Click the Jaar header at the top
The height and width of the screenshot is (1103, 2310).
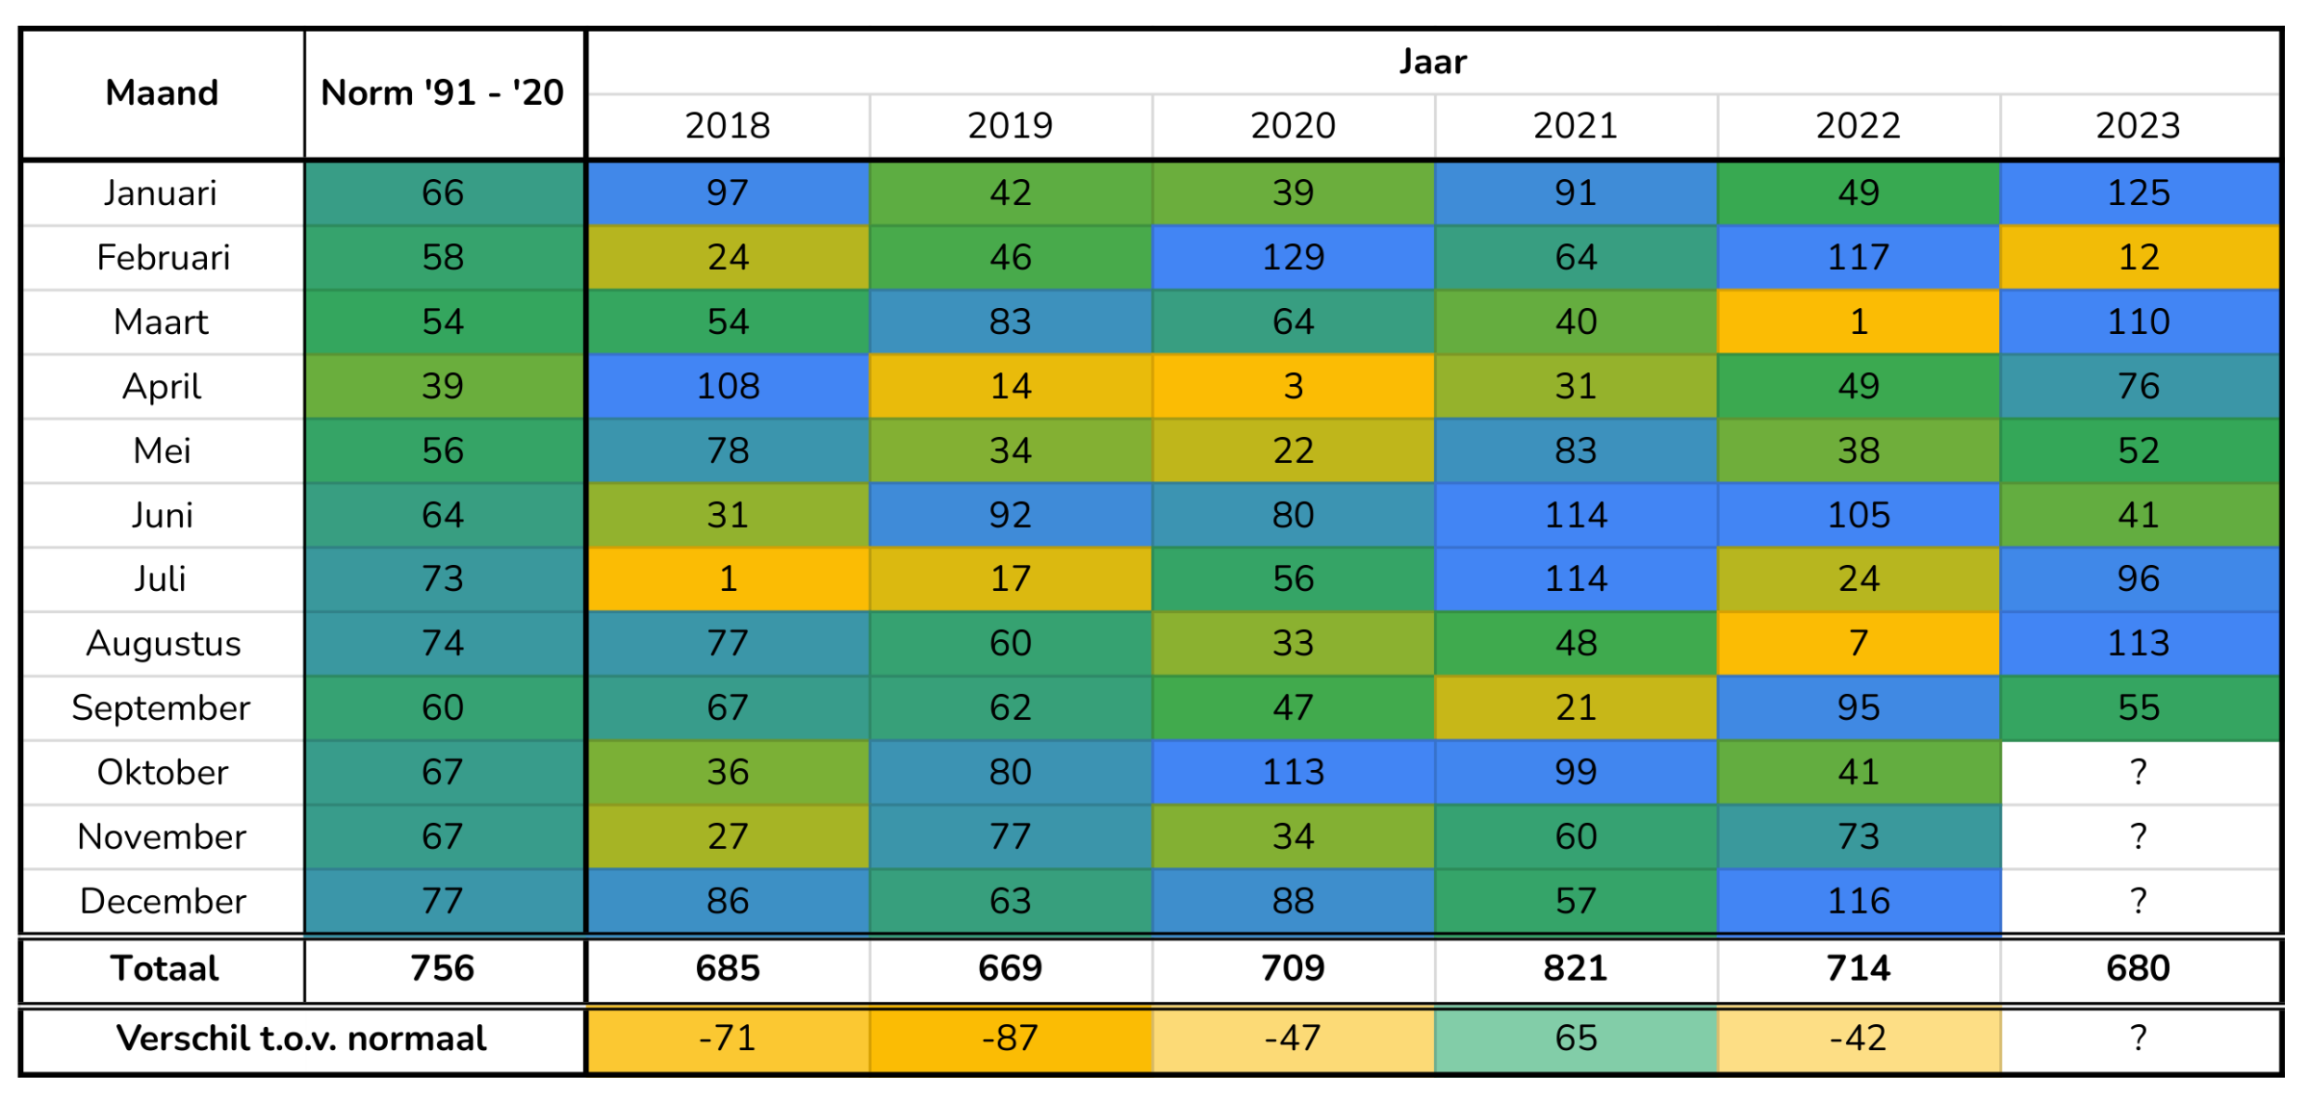pyautogui.click(x=1432, y=63)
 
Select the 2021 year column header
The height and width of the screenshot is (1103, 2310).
pyautogui.click(x=1576, y=126)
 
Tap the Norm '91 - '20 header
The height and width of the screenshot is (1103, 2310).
pyautogui.click(x=443, y=93)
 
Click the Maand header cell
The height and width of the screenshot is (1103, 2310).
pyautogui.click(x=162, y=93)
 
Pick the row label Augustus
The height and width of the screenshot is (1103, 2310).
pyautogui.click(x=163, y=644)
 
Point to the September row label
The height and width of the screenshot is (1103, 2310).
pyautogui.click(x=162, y=708)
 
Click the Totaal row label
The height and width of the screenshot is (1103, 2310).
pyautogui.click(x=165, y=969)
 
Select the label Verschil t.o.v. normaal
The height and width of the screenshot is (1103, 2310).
pyautogui.click(x=301, y=1039)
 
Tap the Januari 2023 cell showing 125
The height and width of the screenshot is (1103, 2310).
pyautogui.click(x=2139, y=193)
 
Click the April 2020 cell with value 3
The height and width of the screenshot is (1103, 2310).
pyautogui.click(x=1293, y=387)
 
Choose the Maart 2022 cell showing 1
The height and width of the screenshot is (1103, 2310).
pyautogui.click(x=1859, y=322)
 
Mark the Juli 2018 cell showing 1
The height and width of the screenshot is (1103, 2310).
pyautogui.click(x=728, y=579)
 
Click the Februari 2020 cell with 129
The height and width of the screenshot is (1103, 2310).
pyautogui.click(x=1293, y=258)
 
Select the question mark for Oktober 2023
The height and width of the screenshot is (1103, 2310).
pyautogui.click(x=2139, y=773)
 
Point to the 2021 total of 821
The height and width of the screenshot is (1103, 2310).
pyautogui.click(x=1576, y=969)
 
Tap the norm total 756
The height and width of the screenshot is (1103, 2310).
pyautogui.click(x=443, y=969)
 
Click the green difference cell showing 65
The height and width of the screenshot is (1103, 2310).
pyautogui.click(x=1576, y=1039)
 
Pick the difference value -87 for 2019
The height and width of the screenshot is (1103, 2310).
pyautogui.click(x=1010, y=1039)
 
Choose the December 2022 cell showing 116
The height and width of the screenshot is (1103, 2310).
pyautogui.click(x=1859, y=902)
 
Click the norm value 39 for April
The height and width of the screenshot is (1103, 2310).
pyautogui.click(x=443, y=387)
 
